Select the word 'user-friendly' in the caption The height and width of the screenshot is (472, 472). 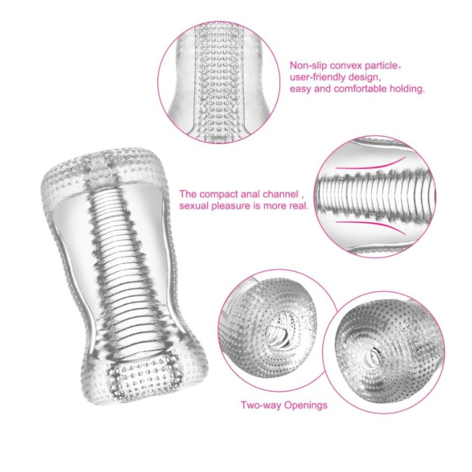pos(319,77)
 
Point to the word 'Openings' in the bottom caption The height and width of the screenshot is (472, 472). pos(306,405)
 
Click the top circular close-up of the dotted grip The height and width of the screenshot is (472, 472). pos(218,82)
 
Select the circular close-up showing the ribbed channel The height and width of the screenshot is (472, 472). pos(375,197)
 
